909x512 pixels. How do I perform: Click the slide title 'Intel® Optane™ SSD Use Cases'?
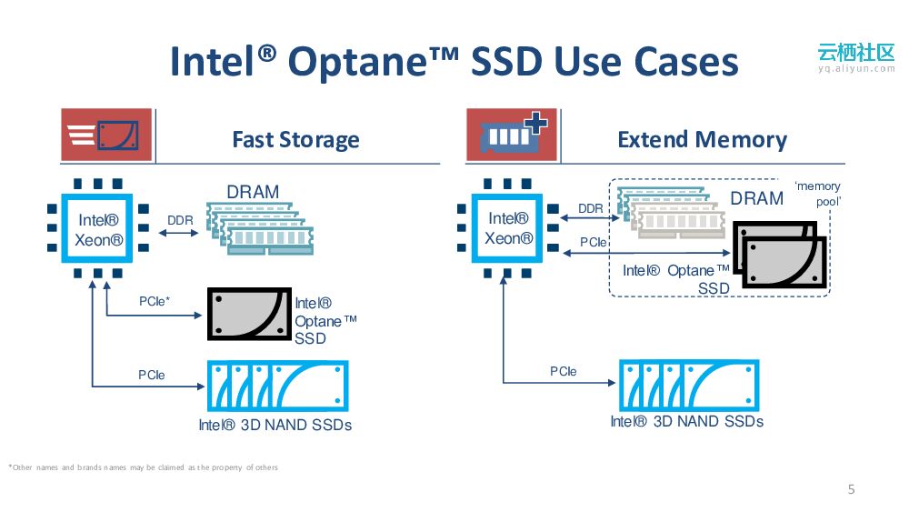click(x=454, y=62)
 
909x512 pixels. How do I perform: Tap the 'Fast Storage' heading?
click(x=295, y=140)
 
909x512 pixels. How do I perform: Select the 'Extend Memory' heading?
click(x=702, y=140)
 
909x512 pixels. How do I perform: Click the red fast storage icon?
click(x=106, y=135)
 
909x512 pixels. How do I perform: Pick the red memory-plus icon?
click(x=512, y=135)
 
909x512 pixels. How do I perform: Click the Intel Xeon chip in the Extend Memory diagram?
click(x=507, y=227)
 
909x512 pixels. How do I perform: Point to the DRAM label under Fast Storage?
click(x=253, y=192)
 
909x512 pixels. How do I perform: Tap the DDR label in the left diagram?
click(x=180, y=220)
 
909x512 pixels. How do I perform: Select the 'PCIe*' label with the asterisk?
click(x=155, y=301)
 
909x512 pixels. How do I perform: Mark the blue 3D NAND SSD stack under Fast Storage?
click(x=276, y=387)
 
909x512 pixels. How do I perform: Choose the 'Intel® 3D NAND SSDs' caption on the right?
click(x=686, y=421)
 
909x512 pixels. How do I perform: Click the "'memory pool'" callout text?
click(x=818, y=194)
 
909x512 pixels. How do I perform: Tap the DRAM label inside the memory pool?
click(x=756, y=199)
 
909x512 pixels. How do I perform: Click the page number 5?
click(x=851, y=489)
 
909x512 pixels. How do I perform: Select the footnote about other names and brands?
click(x=143, y=467)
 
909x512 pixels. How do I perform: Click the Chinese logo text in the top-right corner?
click(x=855, y=51)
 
